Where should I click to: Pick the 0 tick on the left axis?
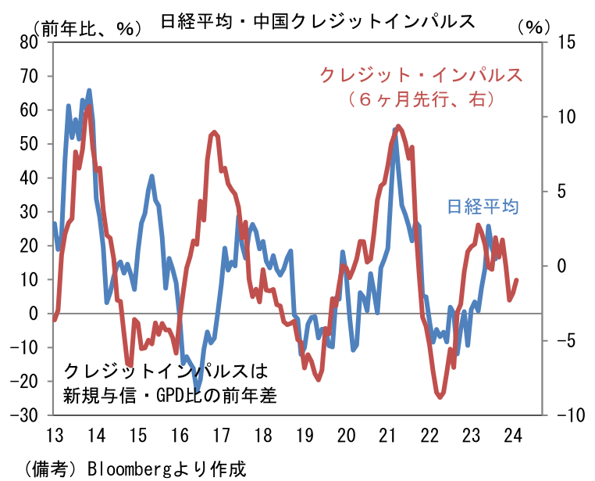point(33,314)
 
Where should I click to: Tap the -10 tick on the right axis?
point(568,415)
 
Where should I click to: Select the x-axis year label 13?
point(55,436)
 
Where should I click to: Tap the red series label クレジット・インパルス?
point(421,76)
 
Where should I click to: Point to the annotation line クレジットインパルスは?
point(166,371)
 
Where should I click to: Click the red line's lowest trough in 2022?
point(440,397)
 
